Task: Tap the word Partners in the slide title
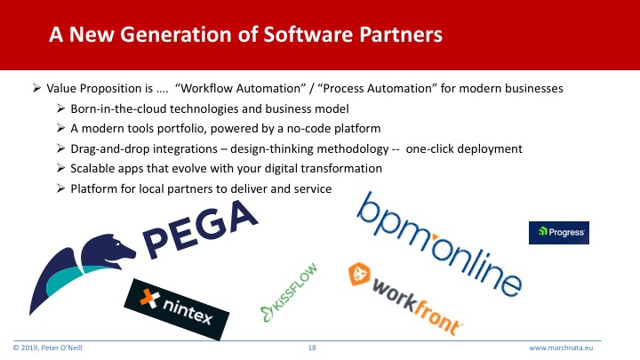click(x=401, y=35)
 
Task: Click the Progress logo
click(x=559, y=233)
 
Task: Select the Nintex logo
click(x=177, y=309)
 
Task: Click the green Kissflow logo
click(x=289, y=292)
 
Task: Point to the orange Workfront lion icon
click(x=359, y=274)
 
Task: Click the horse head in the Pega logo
click(x=108, y=251)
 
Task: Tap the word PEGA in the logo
click(x=200, y=229)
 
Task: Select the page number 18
click(x=312, y=348)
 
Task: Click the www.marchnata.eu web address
click(x=561, y=348)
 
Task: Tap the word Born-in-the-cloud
click(x=118, y=109)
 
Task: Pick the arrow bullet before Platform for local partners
click(x=60, y=188)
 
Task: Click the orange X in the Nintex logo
click(x=149, y=299)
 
